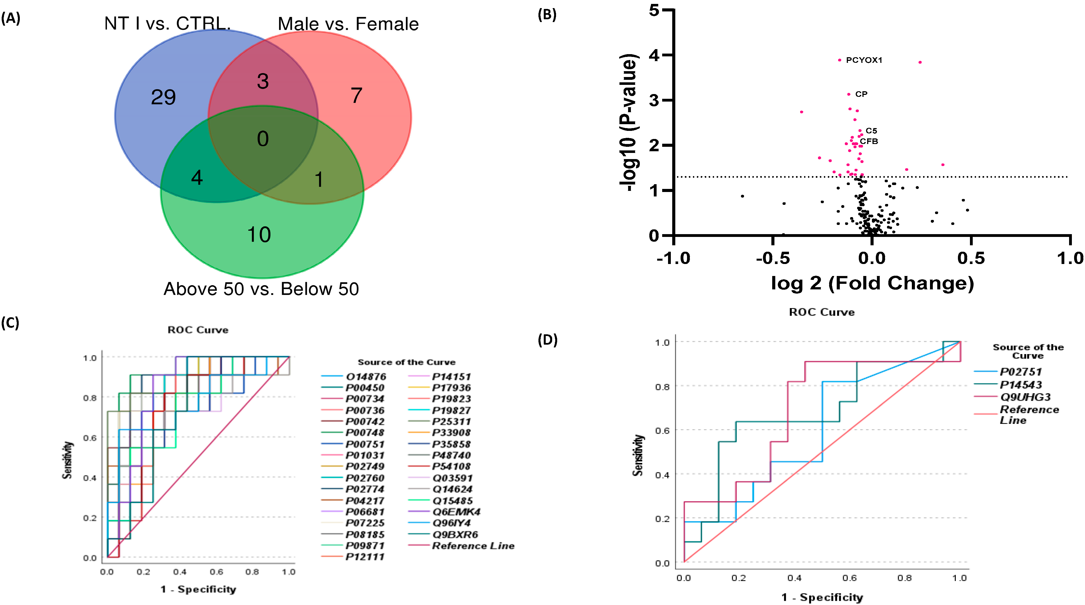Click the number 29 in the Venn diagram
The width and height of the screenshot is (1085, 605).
[163, 98]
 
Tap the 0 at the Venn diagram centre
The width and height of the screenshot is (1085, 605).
[263, 139]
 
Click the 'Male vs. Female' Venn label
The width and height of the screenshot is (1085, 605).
[348, 24]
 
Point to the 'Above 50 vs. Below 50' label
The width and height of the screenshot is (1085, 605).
[261, 289]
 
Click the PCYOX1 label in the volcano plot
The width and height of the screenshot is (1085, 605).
[864, 60]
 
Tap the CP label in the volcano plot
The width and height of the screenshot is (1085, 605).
[861, 94]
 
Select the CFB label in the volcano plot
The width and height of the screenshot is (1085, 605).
[869, 141]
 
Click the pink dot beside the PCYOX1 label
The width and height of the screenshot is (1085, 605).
[840, 60]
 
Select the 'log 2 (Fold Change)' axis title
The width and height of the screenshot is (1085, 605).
[872, 283]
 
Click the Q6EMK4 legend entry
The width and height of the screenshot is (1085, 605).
[456, 512]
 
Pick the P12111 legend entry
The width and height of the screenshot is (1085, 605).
[365, 557]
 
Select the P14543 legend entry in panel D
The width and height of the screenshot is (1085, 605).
[1020, 385]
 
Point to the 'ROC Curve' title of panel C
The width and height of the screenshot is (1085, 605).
[198, 330]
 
